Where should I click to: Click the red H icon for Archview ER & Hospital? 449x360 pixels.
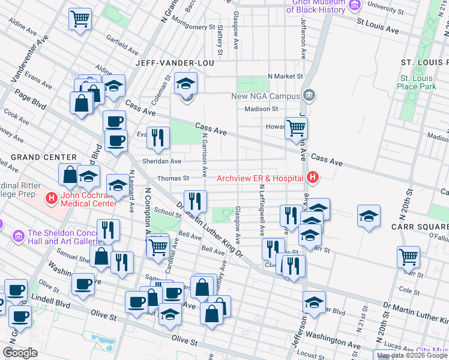pyautogui.click(x=312, y=178)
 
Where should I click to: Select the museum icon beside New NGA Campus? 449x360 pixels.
pyautogui.click(x=309, y=95)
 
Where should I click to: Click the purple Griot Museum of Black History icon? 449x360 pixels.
pyautogui.click(x=354, y=5)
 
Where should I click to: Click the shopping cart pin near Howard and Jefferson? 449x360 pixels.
pyautogui.click(x=295, y=127)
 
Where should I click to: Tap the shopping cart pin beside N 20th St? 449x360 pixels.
pyautogui.click(x=408, y=256)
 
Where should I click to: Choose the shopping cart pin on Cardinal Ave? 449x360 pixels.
pyautogui.click(x=158, y=245)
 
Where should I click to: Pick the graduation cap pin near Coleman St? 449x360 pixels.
pyautogui.click(x=186, y=83)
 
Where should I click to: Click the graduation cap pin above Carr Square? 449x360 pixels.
pyautogui.click(x=369, y=216)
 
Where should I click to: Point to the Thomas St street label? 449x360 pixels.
pyautogui.click(x=173, y=178)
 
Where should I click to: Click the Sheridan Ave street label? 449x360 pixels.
pyautogui.click(x=161, y=161)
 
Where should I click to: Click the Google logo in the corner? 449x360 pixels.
pyautogui.click(x=20, y=352)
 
